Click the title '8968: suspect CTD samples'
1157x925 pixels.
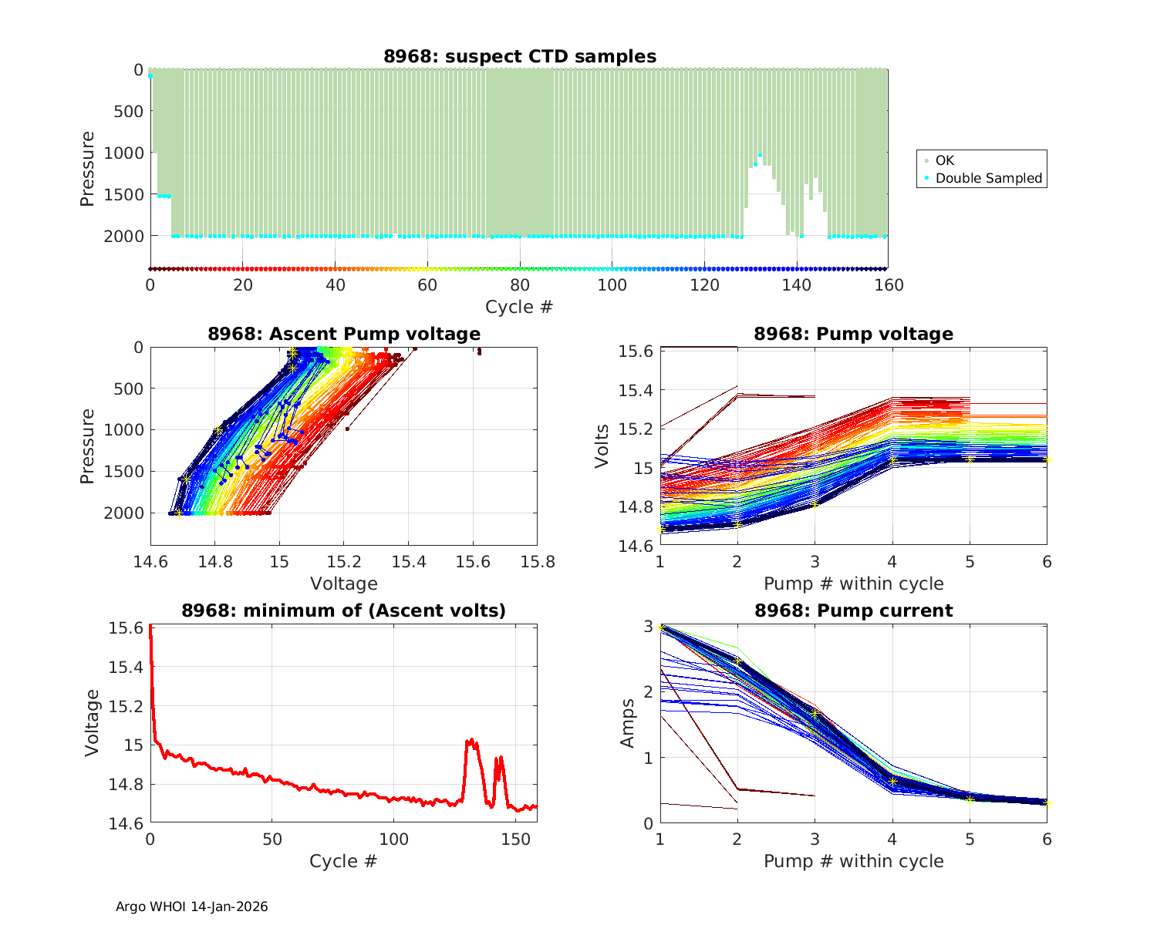520,56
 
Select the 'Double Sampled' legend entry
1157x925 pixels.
988,178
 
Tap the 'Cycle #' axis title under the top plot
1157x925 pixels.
519,307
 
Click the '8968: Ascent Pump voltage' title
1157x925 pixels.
344,334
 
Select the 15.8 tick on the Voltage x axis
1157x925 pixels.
537,562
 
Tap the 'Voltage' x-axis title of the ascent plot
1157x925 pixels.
344,584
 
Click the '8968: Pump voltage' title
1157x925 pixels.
853,334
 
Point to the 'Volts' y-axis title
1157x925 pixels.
602,446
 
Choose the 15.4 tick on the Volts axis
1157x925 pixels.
637,390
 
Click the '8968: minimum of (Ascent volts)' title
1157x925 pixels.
344,610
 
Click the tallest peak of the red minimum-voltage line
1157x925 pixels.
469,739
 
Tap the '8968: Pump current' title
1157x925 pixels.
853,610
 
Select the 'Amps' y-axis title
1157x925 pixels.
628,723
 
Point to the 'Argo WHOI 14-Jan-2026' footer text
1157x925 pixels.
192,906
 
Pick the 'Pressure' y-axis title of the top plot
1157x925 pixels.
87,169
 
